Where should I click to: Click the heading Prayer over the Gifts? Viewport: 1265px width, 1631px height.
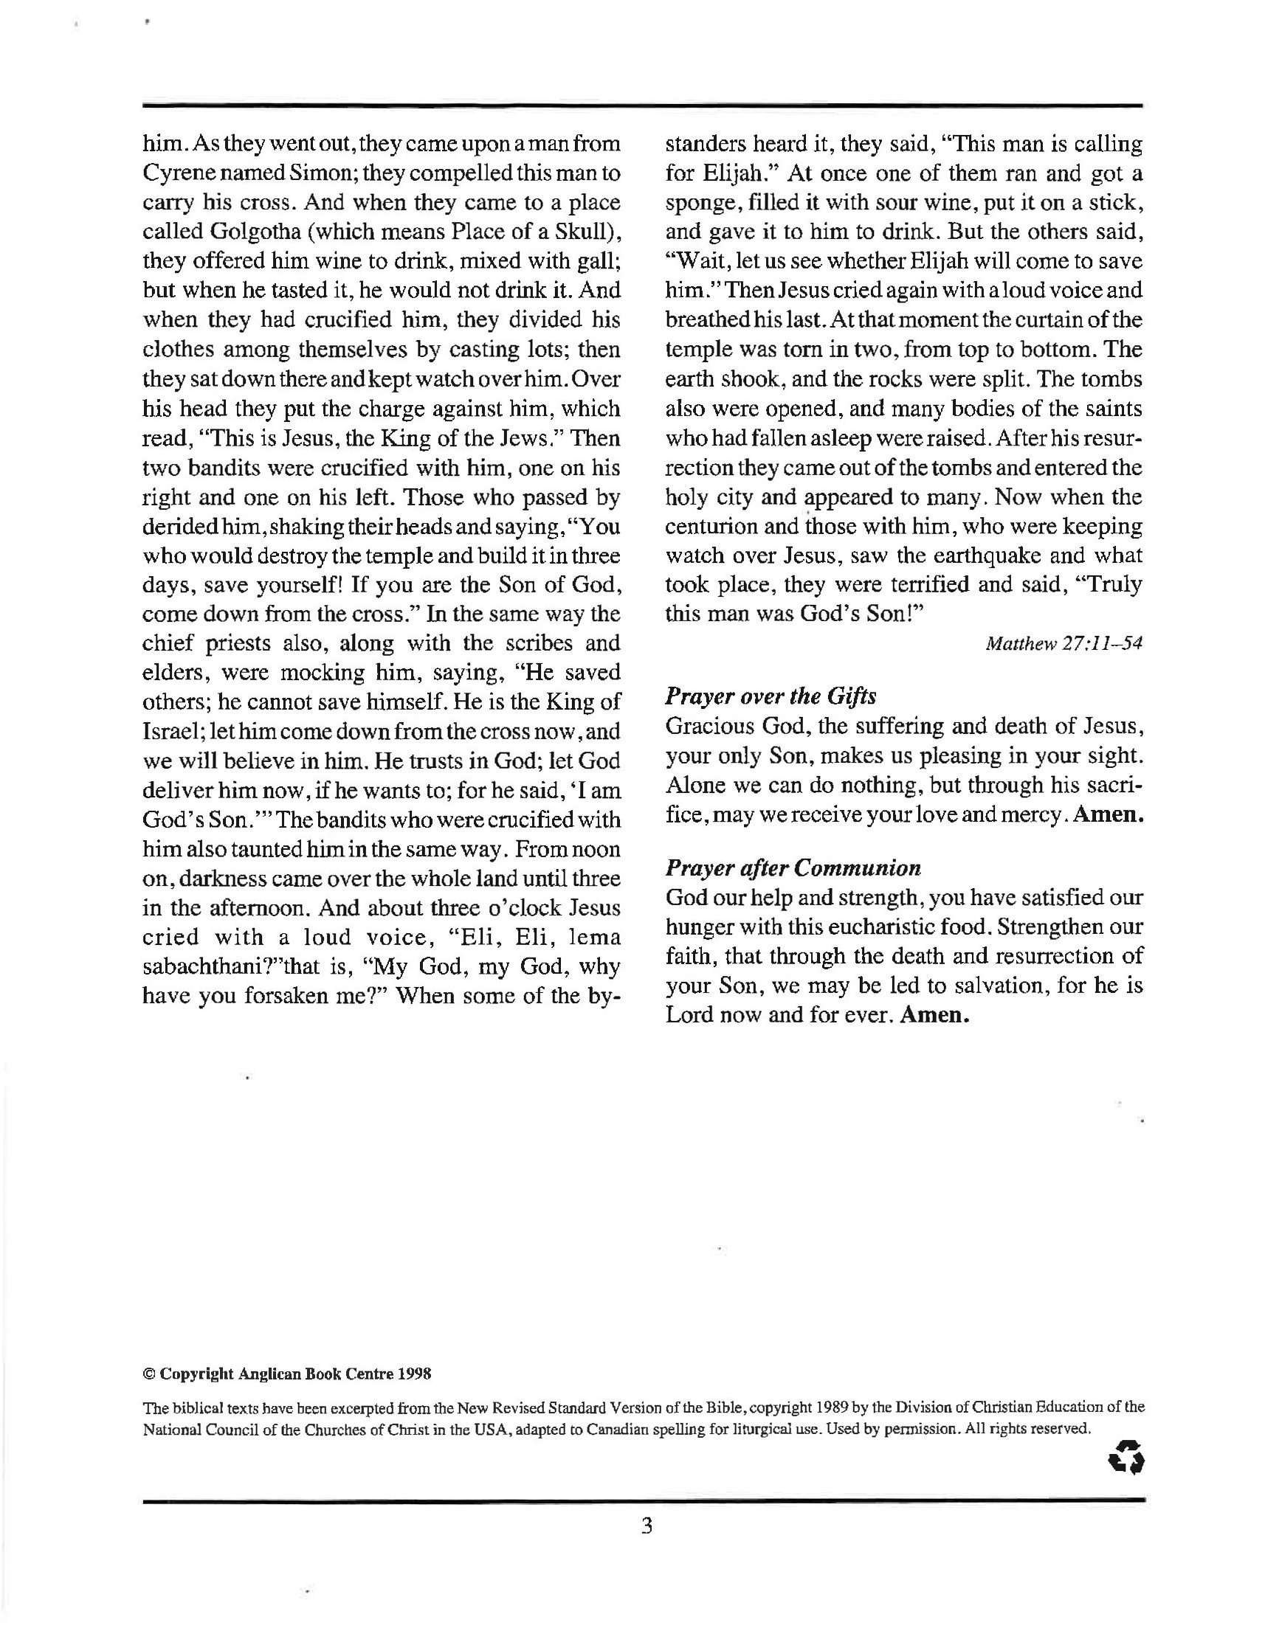pyautogui.click(x=771, y=696)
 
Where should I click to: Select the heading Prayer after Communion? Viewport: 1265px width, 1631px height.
pyautogui.click(x=793, y=868)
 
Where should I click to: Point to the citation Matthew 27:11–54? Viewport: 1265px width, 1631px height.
pyautogui.click(x=1064, y=643)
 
